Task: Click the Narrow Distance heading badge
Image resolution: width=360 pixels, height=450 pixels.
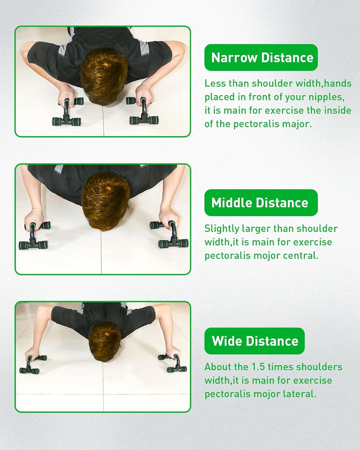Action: pos(261,57)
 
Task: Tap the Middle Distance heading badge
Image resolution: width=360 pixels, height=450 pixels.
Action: pos(261,202)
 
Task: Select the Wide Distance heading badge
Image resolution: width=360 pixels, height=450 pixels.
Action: pos(254,341)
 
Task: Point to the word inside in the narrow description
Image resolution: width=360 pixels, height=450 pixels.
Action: pos(338,110)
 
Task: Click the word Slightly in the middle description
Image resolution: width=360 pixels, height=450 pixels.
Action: pos(222,229)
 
